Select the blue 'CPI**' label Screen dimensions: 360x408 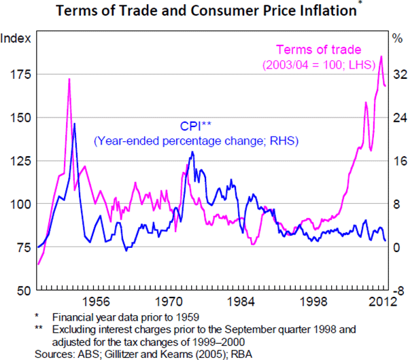pyautogui.click(x=196, y=126)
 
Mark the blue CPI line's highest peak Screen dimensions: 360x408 pyautogui.click(x=74, y=124)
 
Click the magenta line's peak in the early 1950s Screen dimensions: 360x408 pyautogui.click(x=69, y=79)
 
